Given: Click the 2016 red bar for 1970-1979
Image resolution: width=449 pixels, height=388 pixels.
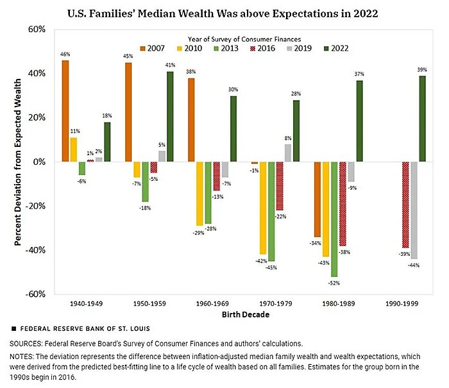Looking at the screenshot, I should [x=280, y=186].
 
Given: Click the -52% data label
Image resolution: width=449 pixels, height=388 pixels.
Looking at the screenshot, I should [x=334, y=282].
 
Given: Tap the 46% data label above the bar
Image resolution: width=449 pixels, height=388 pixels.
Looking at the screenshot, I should [x=65, y=55].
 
